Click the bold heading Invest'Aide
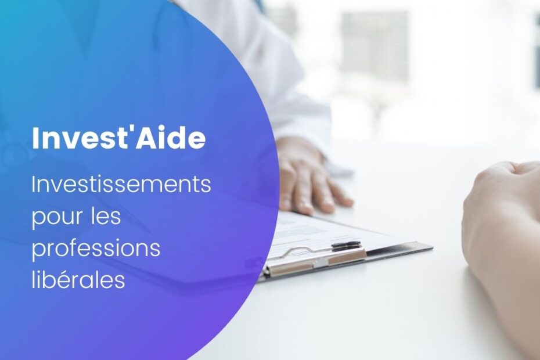pyautogui.click(x=119, y=138)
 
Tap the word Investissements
pyautogui.click(x=121, y=184)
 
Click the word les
pyautogui.click(x=106, y=215)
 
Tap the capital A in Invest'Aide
pyautogui.click(x=145, y=138)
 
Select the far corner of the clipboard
pyautogui.click(x=432, y=247)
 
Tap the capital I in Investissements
pyautogui.click(x=34, y=184)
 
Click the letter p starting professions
pyautogui.click(x=38, y=251)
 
